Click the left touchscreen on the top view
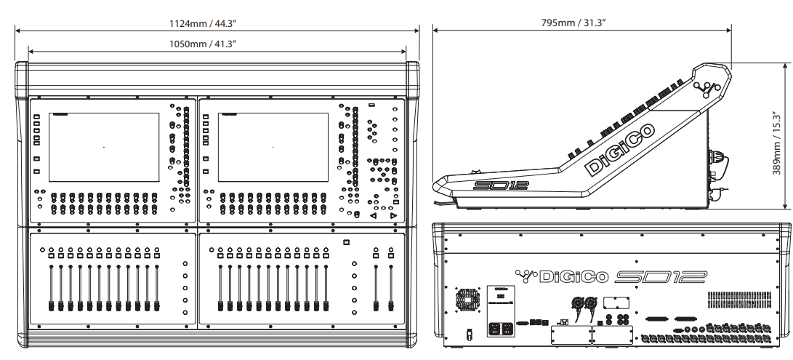104,147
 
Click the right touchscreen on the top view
273,147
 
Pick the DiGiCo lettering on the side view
619,150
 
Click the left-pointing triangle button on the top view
373,216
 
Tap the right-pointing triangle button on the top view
393,216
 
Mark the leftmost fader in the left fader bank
52,287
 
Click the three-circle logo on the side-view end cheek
706,89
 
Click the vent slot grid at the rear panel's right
742,298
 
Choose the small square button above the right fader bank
346,242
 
